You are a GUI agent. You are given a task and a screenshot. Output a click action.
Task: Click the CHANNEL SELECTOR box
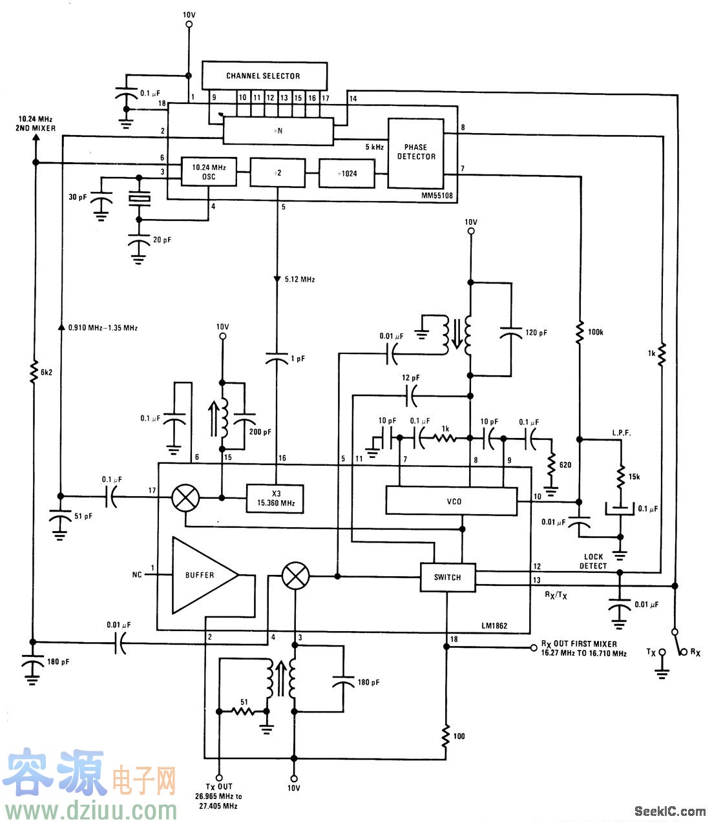pos(264,76)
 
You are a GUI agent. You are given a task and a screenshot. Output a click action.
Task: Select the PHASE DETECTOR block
pos(415,152)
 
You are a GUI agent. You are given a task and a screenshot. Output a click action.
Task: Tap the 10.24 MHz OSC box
pos(209,172)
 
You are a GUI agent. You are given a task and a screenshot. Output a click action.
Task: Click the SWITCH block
pos(447,577)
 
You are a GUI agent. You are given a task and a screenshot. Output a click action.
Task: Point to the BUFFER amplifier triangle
pos(200,575)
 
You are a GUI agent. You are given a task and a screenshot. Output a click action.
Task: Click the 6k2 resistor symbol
pos(35,373)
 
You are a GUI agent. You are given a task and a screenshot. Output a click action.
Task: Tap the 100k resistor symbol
pos(580,332)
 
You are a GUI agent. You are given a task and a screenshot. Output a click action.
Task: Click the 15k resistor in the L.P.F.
pos(620,477)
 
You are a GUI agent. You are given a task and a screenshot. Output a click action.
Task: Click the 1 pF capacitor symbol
pos(277,359)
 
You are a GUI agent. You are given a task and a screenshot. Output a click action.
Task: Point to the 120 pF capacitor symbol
pos(511,332)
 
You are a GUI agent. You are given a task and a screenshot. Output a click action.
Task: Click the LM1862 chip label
pos(494,625)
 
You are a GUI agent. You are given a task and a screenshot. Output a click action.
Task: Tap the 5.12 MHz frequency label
pos(298,280)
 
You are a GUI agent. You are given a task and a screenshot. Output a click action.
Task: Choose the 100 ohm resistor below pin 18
pos(446,736)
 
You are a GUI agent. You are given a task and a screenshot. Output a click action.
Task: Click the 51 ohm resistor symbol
pos(244,711)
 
